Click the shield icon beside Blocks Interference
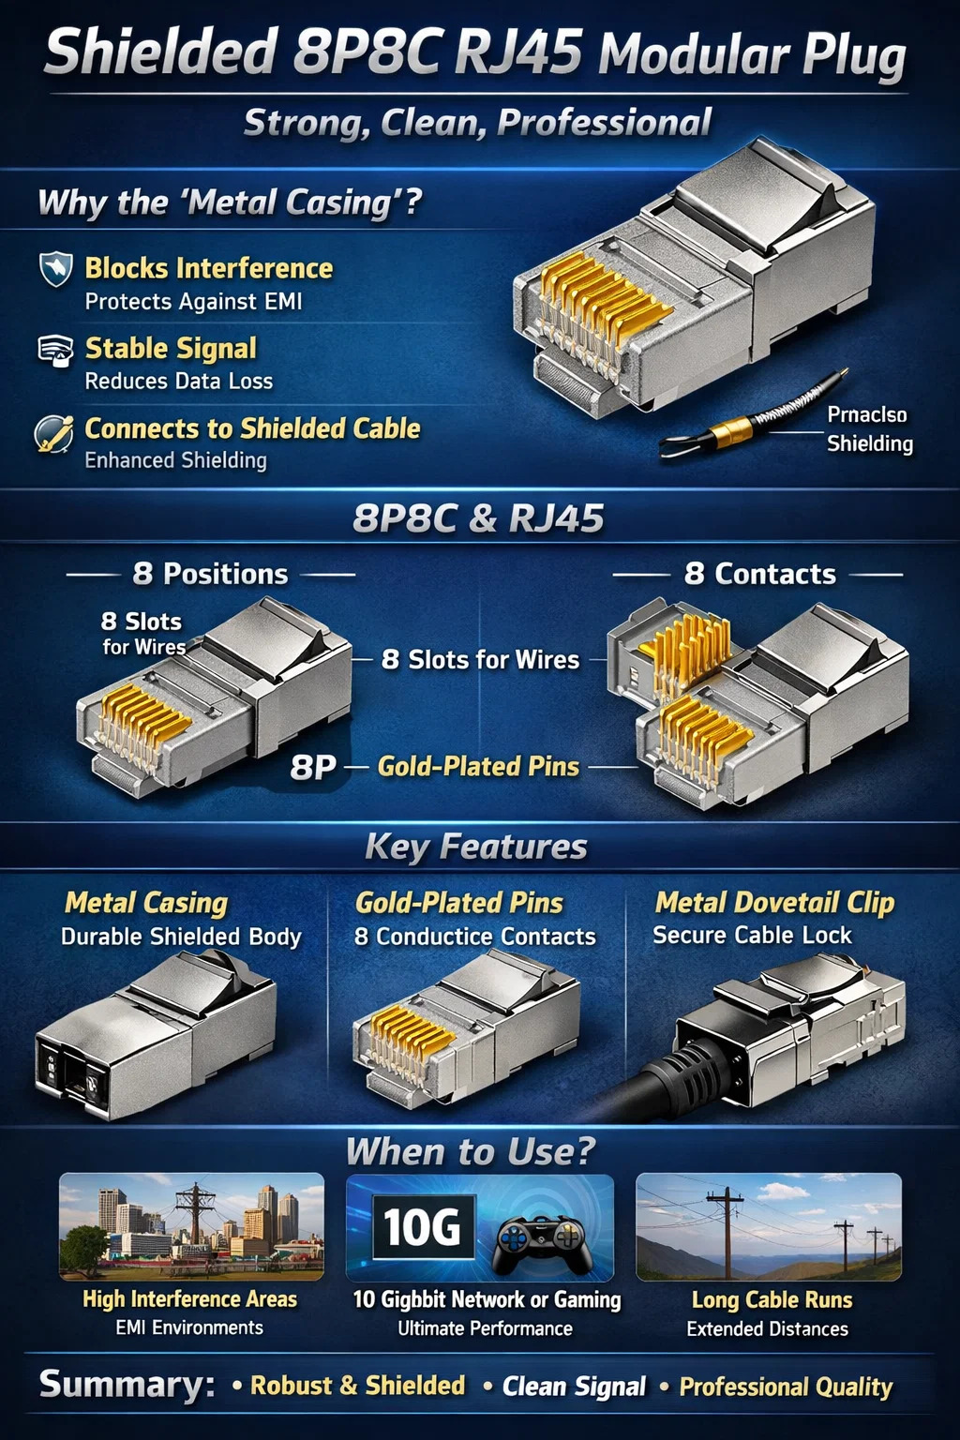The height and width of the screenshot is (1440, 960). tap(56, 269)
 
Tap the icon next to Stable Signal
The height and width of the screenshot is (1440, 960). tap(55, 351)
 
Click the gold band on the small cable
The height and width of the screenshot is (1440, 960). tap(734, 428)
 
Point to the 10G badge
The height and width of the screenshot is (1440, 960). tap(423, 1227)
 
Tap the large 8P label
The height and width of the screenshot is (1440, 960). tap(313, 767)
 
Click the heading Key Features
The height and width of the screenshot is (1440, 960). tap(476, 847)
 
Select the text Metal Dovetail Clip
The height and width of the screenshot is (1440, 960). tap(774, 903)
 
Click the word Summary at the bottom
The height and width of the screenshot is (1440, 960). tap(127, 1384)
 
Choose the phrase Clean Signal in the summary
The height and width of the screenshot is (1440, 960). tap(574, 1387)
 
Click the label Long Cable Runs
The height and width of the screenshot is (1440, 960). tap(772, 1300)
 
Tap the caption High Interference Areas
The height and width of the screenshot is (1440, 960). tap(189, 1299)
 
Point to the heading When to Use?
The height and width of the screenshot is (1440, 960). tap(472, 1151)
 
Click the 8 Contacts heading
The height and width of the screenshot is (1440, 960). tap(760, 574)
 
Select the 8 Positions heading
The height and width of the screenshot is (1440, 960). tap(210, 574)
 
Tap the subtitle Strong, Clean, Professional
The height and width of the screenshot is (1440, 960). tap(478, 122)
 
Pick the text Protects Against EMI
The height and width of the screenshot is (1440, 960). tap(193, 302)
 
